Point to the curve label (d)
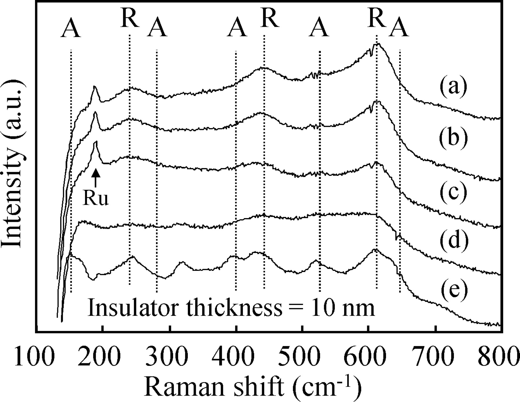pyautogui.click(x=454, y=240)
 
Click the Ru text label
pyautogui.click(x=96, y=199)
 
